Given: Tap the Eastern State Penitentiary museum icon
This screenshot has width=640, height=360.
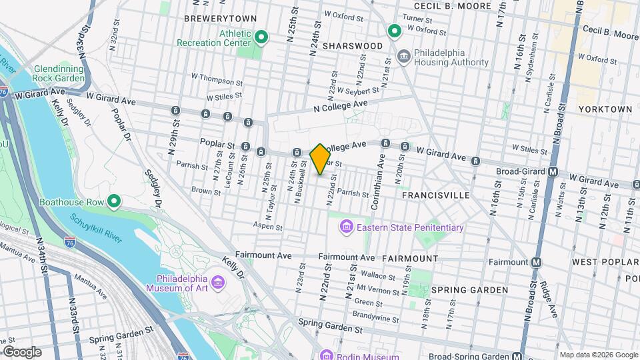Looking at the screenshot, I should [346, 228].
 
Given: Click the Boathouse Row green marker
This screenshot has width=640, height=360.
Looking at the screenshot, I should [114, 201].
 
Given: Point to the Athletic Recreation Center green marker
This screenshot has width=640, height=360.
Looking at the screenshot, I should [261, 38].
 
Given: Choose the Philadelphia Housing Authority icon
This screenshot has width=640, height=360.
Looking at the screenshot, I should [404, 56].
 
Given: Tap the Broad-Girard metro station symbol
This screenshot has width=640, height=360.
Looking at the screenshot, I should [553, 171].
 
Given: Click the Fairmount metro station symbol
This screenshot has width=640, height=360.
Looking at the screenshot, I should [535, 262].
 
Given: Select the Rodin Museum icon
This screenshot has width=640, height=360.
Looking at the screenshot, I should [325, 355].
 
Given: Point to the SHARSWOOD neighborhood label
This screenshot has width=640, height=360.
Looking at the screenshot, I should [352, 46].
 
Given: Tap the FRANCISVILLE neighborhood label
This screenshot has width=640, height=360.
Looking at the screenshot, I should [436, 195].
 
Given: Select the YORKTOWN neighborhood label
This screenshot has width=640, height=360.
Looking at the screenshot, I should [605, 109].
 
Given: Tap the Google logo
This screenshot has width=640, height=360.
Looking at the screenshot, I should [22, 351].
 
